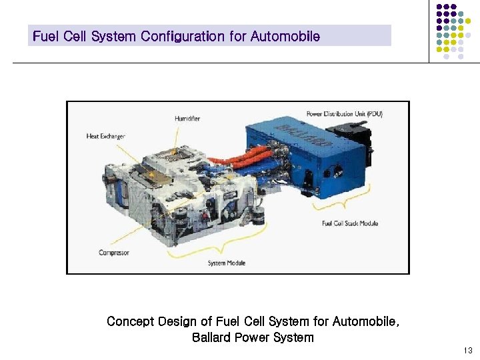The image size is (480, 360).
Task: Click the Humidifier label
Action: pos(187,119)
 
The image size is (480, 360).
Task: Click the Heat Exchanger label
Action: pos(105,137)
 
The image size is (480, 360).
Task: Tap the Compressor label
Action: pos(114,253)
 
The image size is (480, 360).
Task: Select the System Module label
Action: pos(227,263)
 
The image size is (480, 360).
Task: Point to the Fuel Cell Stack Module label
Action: pos(349,223)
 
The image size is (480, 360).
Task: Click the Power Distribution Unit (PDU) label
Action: pos(344,114)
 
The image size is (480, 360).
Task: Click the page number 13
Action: pos(467,351)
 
